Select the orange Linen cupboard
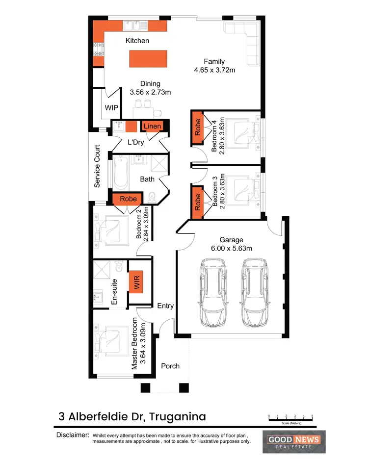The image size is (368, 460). point(152,127)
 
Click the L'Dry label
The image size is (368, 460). point(135,142)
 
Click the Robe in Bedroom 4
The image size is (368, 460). point(198,128)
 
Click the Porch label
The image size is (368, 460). point(170,366)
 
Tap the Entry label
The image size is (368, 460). point(165,306)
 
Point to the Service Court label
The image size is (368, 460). point(97,166)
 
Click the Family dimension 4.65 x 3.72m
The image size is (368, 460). point(215,70)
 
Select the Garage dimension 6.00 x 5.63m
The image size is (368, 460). point(232,248)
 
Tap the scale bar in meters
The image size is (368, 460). point(290,418)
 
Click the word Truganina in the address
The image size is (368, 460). point(177,417)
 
